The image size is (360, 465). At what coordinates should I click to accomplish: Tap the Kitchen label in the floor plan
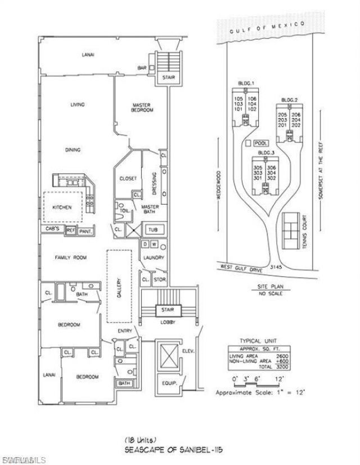click(62, 207)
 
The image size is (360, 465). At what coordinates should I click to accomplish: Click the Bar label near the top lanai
click(142, 69)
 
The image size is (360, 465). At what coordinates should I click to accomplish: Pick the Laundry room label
click(153, 258)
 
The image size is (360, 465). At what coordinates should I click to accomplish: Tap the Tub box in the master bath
click(152, 230)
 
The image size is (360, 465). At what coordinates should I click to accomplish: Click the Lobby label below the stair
click(168, 323)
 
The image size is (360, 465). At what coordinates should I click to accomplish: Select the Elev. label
click(187, 351)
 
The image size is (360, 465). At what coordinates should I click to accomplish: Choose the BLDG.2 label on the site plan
click(289, 100)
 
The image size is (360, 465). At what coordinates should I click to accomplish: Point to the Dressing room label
click(155, 183)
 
